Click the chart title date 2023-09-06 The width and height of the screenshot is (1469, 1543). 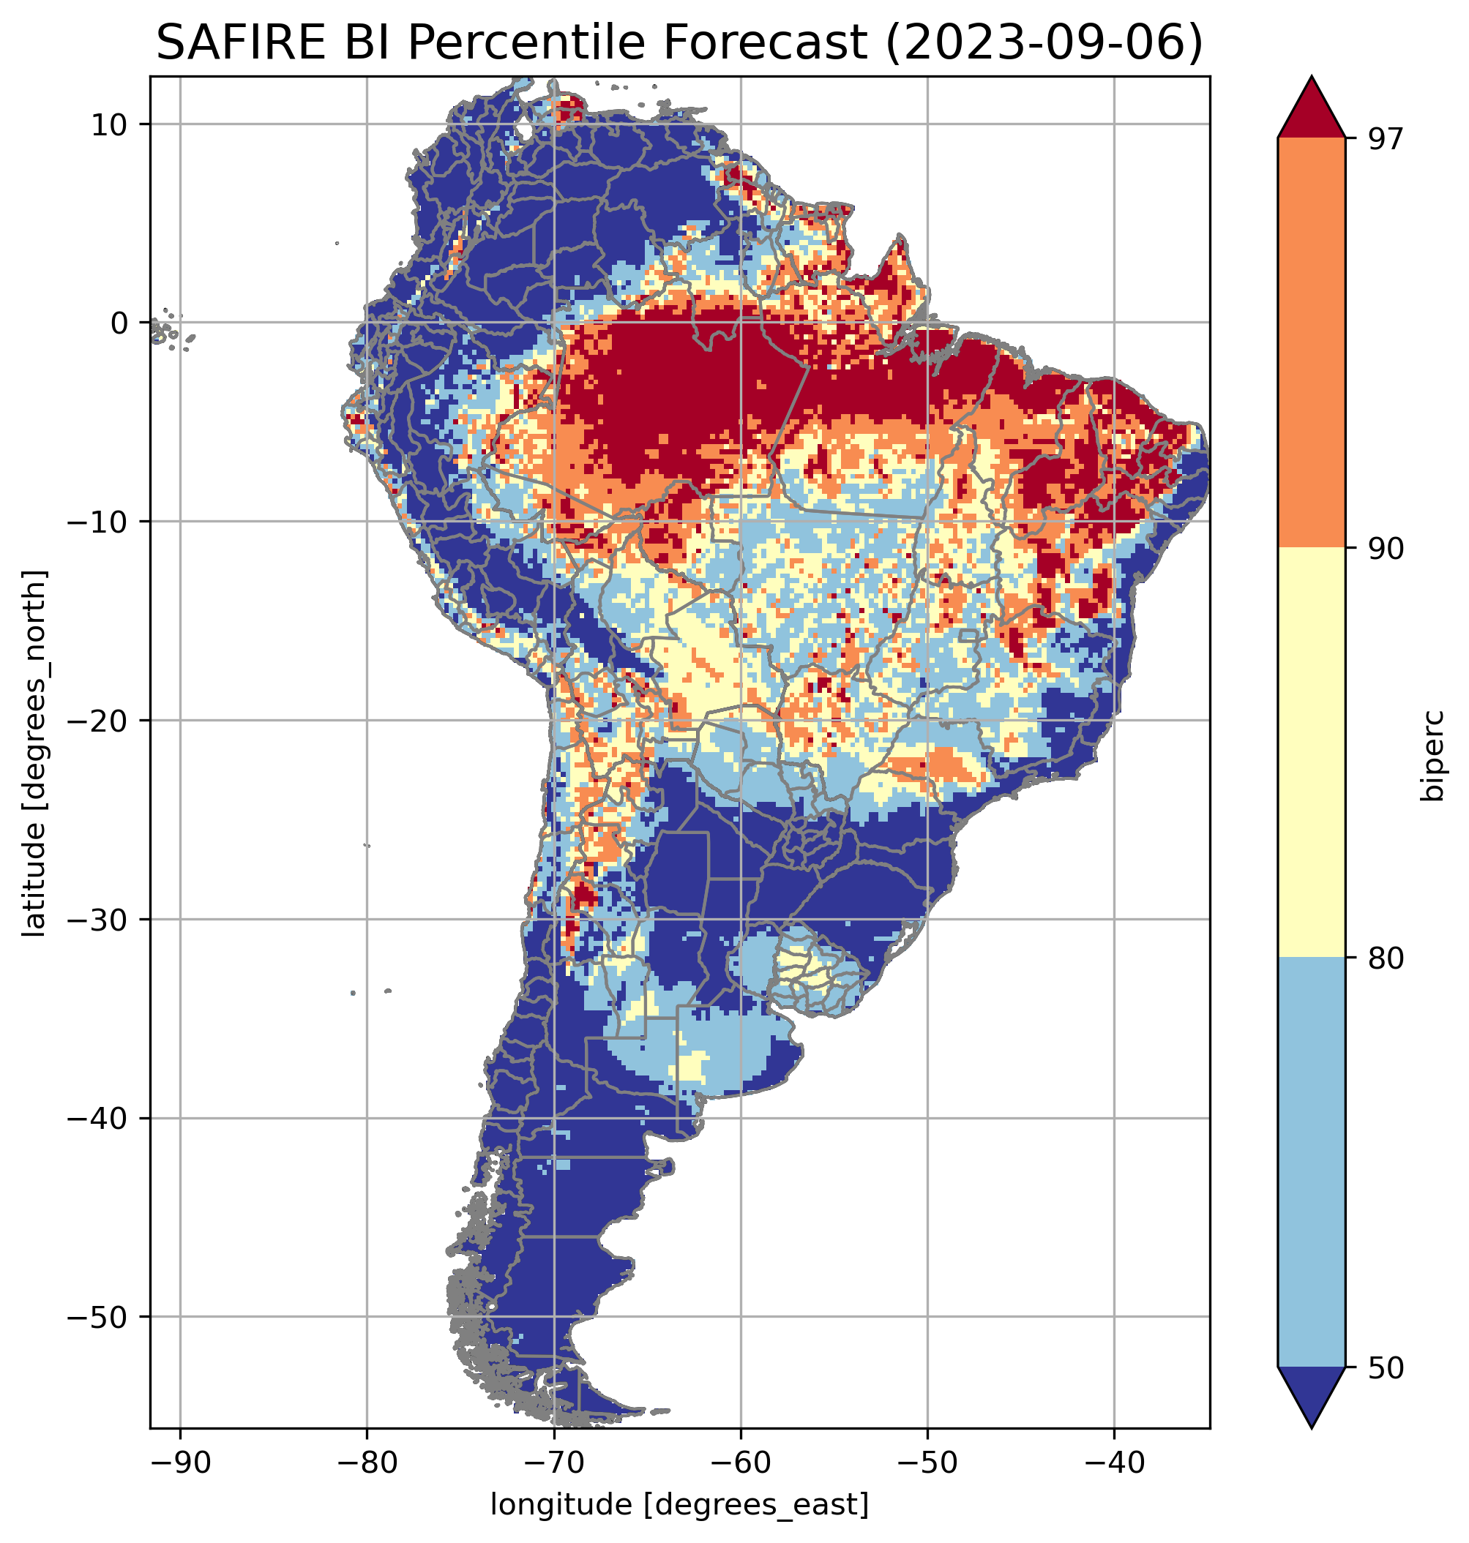(x=1042, y=42)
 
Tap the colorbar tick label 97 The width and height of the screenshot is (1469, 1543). (x=1386, y=138)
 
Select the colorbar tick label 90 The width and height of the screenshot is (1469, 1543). (x=1386, y=549)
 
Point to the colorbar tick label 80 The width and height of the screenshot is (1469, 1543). (x=1386, y=958)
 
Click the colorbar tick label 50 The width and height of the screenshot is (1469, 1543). (x=1386, y=1368)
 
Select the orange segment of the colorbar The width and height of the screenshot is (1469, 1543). (x=1311, y=343)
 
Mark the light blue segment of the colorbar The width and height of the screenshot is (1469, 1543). (x=1311, y=1163)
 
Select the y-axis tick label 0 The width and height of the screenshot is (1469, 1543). (x=120, y=323)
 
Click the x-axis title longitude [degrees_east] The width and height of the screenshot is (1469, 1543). (x=680, y=1505)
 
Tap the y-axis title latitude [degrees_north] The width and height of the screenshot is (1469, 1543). (x=34, y=754)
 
